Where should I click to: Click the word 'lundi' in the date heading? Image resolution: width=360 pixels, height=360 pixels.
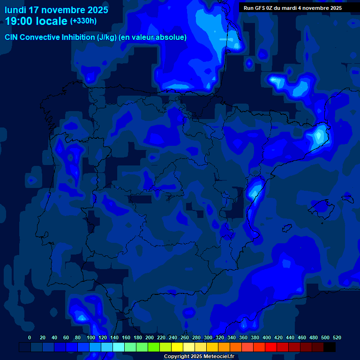click(x=15, y=10)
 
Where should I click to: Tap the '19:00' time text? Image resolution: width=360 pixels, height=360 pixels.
click(x=19, y=21)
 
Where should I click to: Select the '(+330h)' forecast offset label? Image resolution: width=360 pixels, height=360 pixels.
click(x=83, y=21)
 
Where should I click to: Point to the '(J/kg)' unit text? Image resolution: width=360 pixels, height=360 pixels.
click(x=107, y=37)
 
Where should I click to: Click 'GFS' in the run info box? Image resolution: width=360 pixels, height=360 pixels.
click(x=259, y=8)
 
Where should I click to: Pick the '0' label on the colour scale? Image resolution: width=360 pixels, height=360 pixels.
click(x=30, y=337)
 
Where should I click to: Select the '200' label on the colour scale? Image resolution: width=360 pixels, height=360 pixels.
click(x=150, y=337)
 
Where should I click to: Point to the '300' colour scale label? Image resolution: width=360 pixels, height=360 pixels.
click(x=208, y=337)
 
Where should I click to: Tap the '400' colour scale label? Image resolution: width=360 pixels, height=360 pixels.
click(x=267, y=337)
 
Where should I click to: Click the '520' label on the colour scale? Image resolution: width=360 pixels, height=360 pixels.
click(x=337, y=337)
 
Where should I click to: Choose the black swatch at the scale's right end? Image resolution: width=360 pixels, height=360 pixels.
click(x=330, y=347)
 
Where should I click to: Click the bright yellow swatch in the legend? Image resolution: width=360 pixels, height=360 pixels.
click(x=177, y=347)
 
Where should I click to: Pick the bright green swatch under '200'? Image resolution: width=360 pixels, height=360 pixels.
click(x=154, y=347)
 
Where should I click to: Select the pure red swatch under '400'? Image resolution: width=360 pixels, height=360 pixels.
click(x=271, y=347)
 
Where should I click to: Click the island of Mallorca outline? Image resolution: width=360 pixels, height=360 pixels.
click(x=320, y=206)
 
